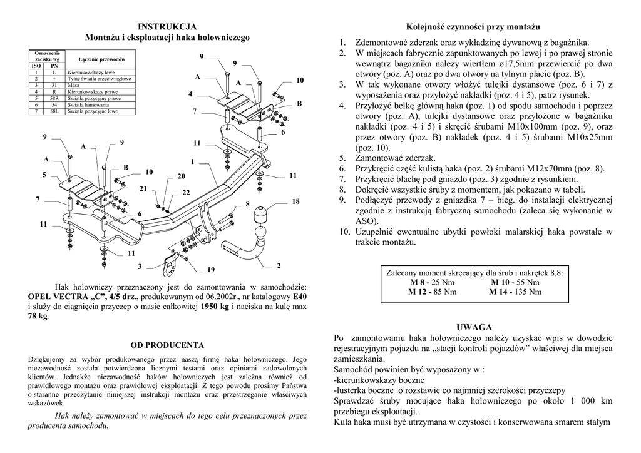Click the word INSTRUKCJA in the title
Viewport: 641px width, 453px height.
click(167, 26)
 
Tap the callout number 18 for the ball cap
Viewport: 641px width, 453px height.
click(295, 201)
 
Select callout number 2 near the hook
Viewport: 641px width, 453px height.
click(278, 266)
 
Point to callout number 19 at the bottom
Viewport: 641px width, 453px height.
click(211, 270)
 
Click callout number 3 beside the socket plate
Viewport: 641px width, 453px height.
click(140, 267)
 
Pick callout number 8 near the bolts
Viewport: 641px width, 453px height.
click(247, 205)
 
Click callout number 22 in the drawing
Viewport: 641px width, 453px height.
click(186, 193)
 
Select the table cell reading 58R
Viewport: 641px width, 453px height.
click(54, 98)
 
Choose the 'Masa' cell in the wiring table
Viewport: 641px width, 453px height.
click(73, 85)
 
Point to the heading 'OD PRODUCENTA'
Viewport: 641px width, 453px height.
click(167, 345)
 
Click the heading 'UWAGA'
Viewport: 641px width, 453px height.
click(474, 327)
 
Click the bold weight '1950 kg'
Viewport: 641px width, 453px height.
click(215, 307)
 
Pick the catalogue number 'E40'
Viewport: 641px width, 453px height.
click(300, 297)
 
